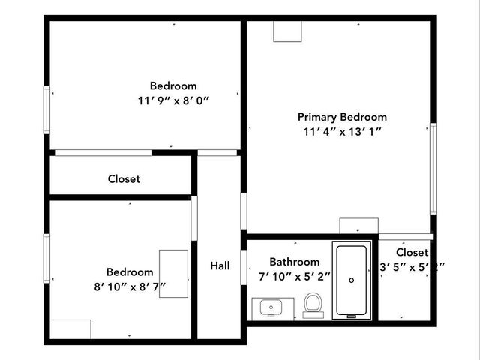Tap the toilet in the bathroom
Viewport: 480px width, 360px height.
tap(313, 304)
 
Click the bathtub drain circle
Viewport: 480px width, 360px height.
tap(352, 280)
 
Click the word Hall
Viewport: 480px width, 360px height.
tap(220, 265)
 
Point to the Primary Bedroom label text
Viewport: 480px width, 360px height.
tap(342, 117)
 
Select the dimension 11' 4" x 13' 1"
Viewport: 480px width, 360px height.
tap(342, 132)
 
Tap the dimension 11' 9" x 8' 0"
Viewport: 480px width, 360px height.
tap(173, 100)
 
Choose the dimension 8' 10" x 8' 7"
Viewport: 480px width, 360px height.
tap(130, 286)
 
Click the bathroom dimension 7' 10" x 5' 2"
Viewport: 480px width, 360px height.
tap(294, 276)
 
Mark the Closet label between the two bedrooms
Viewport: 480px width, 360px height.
tap(124, 179)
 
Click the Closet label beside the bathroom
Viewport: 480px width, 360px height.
tap(412, 253)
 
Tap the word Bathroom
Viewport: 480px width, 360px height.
tap(294, 262)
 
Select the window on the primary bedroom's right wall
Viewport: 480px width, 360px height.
tap(433, 169)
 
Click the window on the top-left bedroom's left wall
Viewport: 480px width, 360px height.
tap(46, 110)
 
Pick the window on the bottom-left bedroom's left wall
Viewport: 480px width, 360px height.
tap(46, 257)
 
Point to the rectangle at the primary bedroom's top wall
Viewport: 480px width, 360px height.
tap(286, 31)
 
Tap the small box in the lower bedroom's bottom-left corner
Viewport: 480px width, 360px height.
tap(70, 329)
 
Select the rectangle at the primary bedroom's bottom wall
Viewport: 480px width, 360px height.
tap(358, 226)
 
